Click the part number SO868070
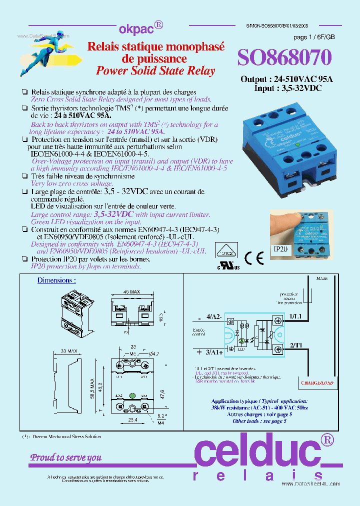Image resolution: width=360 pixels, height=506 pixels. point(284,58)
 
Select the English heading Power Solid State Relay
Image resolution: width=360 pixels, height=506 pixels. point(155,70)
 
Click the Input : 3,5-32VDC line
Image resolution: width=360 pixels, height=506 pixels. point(280,88)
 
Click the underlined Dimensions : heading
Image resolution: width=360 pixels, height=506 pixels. point(56,280)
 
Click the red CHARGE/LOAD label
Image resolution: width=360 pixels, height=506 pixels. point(317,383)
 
